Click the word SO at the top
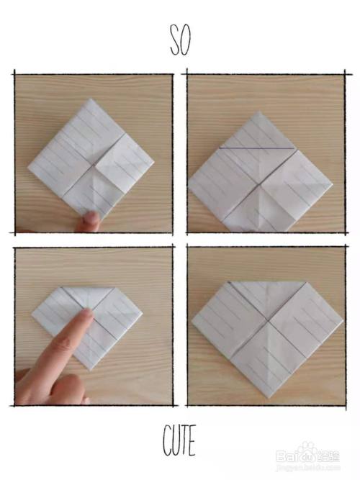pos(181,40)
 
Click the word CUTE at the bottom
pos(179,440)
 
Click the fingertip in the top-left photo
pos(90,218)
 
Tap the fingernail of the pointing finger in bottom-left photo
pos(86,314)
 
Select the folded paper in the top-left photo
pos(91,158)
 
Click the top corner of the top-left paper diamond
pos(91,99)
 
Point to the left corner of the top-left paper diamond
pos(28,167)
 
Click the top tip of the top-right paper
pos(259,112)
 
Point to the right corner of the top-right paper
pos(333,185)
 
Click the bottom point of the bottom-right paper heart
pos(269,398)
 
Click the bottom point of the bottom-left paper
pos(90,369)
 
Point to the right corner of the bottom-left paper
pos(142,314)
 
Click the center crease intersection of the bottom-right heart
pos(268,320)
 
